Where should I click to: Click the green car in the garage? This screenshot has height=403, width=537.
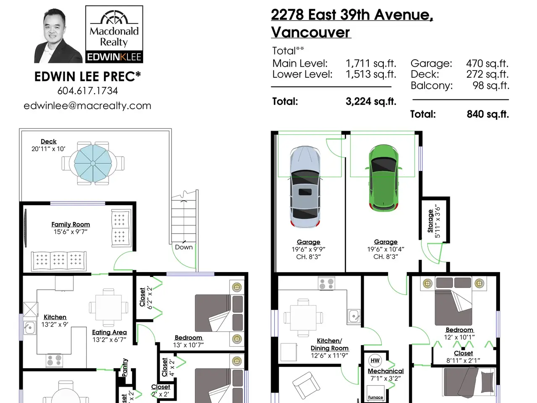(383, 178)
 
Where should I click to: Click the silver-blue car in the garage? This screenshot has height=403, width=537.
(305, 187)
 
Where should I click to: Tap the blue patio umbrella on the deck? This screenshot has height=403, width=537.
(93, 163)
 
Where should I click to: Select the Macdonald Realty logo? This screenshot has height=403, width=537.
(114, 34)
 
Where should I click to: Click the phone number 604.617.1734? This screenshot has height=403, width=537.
(88, 91)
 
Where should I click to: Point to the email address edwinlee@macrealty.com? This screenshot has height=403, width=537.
(87, 106)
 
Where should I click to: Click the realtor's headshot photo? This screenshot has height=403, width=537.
(58, 36)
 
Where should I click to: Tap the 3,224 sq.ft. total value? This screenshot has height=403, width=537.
(371, 102)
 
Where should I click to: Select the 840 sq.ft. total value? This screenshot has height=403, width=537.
(487, 114)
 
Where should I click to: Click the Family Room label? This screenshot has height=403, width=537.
(71, 224)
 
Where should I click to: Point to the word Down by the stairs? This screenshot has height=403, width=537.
(184, 247)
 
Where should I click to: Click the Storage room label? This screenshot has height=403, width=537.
(430, 221)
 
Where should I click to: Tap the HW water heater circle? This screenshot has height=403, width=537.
(375, 361)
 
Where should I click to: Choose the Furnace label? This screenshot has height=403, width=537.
(375, 398)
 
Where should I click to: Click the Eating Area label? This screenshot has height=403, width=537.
(109, 332)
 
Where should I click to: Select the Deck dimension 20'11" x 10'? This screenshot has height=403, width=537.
(48, 149)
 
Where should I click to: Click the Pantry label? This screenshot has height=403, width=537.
(125, 367)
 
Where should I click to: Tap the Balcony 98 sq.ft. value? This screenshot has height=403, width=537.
(491, 86)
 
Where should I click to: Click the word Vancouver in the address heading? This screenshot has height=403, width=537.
(311, 32)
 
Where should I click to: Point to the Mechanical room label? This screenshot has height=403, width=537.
(386, 371)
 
